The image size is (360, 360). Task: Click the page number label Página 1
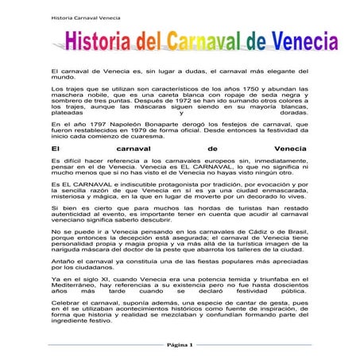(180, 346)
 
